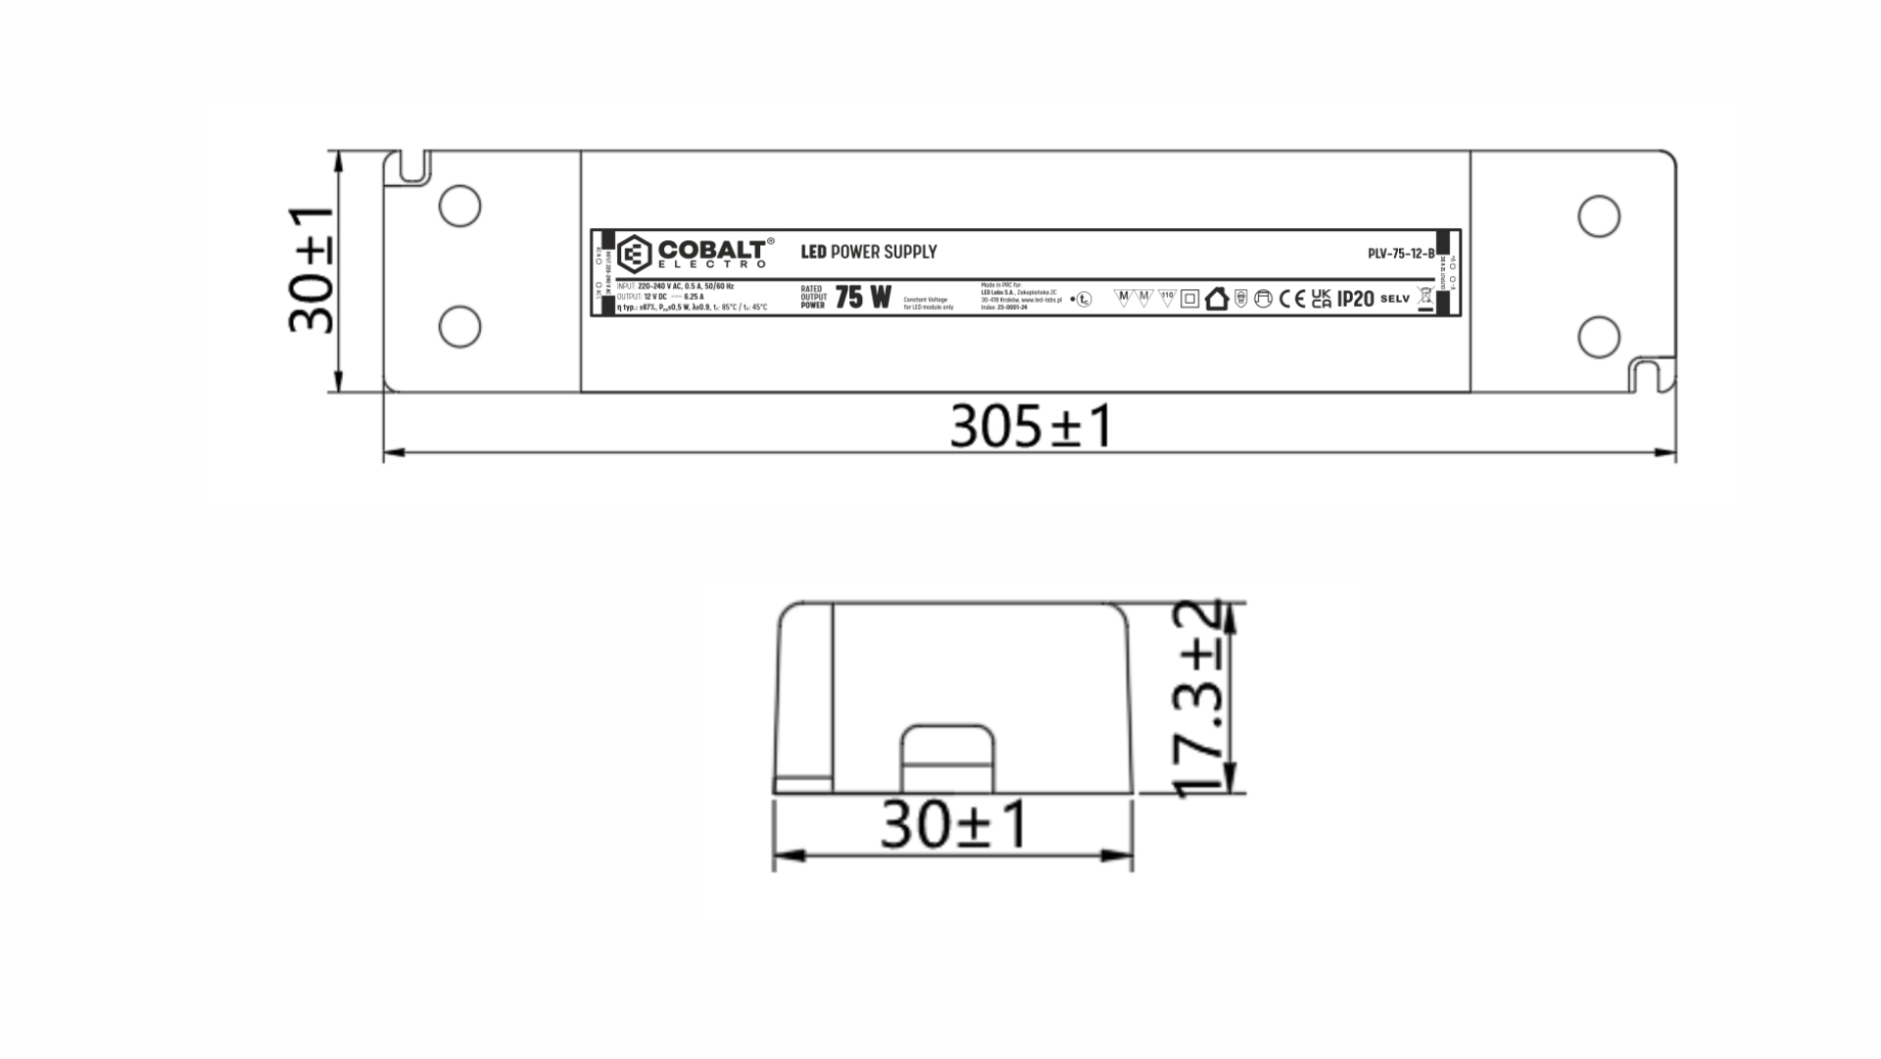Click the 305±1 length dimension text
point(1031,427)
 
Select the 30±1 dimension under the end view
point(954,825)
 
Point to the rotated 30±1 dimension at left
point(312,271)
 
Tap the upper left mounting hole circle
point(459,207)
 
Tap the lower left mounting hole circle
point(459,326)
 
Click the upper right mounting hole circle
point(1598,216)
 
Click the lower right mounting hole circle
point(1598,336)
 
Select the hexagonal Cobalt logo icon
point(635,255)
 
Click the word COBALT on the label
point(711,249)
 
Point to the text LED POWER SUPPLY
point(868,252)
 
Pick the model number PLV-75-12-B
point(1400,254)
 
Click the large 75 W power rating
point(863,298)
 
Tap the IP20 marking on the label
point(1355,299)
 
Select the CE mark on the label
point(1292,299)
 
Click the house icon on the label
point(1216,299)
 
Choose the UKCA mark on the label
point(1321,299)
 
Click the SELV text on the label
point(1394,299)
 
